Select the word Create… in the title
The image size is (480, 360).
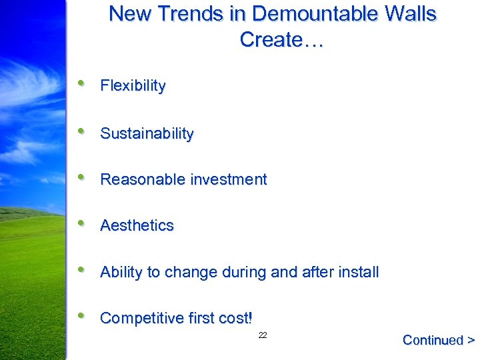tap(281, 40)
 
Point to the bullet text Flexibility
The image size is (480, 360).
tap(133, 85)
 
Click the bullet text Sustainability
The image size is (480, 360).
tap(147, 133)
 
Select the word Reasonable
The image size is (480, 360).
tap(143, 179)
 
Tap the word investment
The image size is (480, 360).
tap(229, 179)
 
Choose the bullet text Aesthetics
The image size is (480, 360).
tap(137, 225)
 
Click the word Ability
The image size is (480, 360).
tap(121, 272)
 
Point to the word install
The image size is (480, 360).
tap(359, 272)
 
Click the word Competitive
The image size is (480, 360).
tap(141, 318)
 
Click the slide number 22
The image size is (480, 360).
tap(263, 335)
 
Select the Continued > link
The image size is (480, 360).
tap(438, 340)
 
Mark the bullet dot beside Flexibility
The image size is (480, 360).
tap(81, 83)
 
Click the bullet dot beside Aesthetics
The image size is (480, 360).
tap(81, 223)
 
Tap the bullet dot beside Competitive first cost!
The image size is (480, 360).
tap(81, 316)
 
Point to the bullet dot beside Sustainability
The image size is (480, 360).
tap(81, 131)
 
